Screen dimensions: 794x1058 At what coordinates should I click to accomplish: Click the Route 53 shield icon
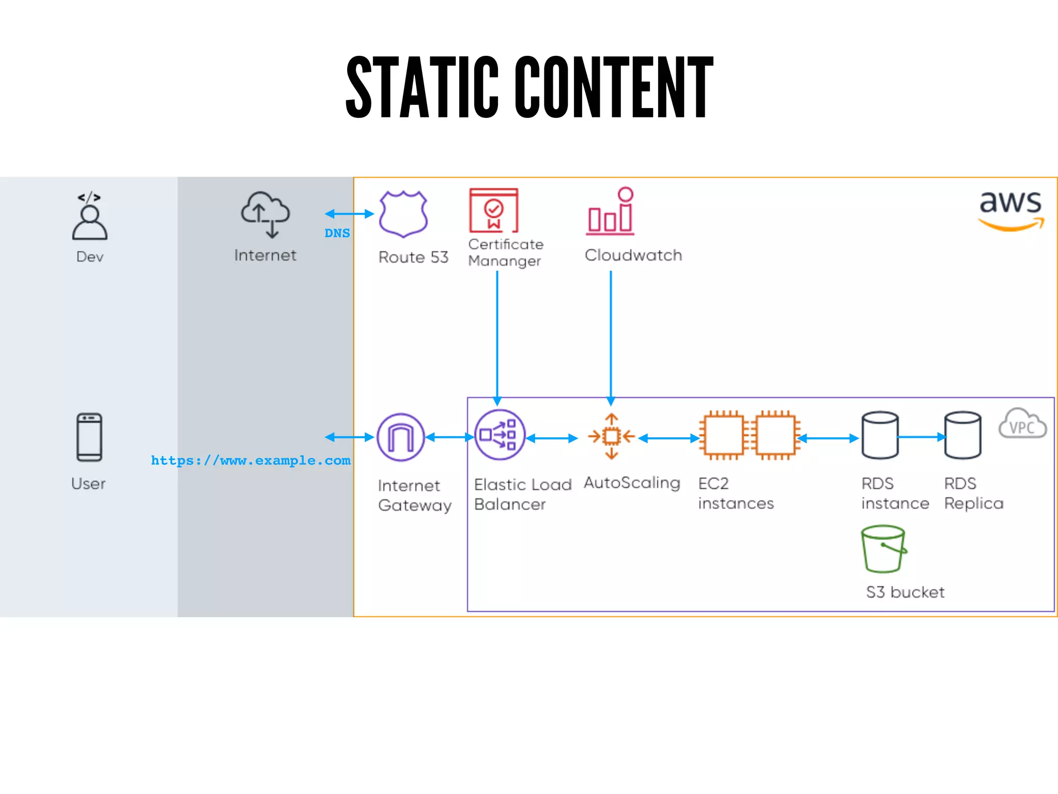[403, 213]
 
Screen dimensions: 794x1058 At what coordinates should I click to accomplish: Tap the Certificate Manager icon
[493, 210]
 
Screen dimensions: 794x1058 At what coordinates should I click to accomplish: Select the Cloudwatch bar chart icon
[611, 212]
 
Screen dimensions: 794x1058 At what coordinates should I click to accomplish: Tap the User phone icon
[89, 437]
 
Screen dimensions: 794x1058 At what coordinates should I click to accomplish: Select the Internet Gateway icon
[401, 437]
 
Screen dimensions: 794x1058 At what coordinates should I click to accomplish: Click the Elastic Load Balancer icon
[500, 435]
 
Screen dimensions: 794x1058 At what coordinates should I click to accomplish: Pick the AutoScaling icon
[612, 437]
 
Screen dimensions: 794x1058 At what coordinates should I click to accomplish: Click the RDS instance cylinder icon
[880, 435]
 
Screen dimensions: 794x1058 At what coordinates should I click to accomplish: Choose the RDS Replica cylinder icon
[962, 435]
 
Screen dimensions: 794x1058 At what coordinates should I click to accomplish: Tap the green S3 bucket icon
[883, 549]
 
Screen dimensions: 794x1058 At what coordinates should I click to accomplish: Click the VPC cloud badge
[1022, 424]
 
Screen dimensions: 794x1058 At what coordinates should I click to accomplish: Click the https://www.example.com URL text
[251, 461]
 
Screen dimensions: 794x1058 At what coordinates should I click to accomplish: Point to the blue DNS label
[337, 233]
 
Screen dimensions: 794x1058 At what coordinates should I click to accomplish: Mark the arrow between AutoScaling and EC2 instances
[669, 438]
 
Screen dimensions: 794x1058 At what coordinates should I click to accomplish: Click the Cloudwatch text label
[633, 255]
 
